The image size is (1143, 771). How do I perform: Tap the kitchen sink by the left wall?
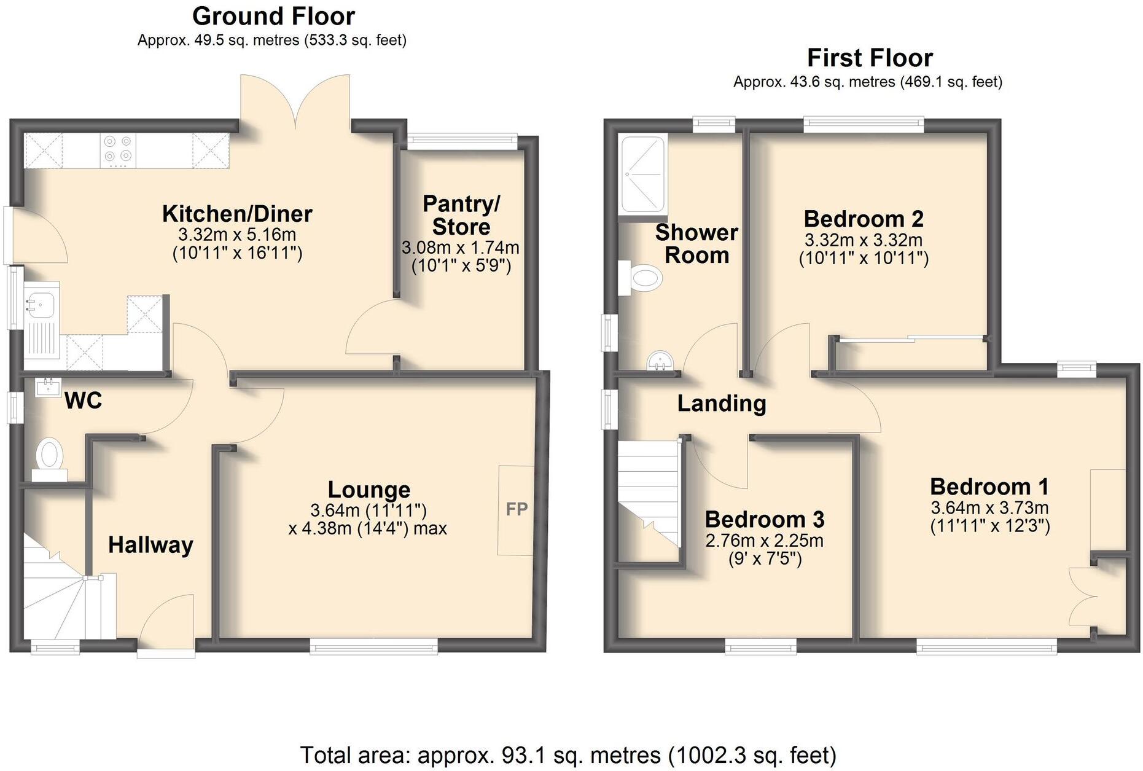41,303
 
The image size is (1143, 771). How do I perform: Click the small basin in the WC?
48,386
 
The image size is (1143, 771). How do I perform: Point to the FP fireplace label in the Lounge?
517,509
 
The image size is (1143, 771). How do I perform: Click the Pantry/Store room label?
461,215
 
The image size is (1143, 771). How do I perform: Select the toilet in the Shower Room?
644,278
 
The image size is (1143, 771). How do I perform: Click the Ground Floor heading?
273,16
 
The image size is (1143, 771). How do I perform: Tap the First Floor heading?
869,58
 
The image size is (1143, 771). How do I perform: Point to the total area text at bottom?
568,755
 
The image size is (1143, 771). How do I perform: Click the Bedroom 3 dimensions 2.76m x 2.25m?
764,541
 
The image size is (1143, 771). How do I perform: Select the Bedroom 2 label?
864,219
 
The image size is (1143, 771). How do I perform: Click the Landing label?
722,404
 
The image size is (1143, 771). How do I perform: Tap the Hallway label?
150,545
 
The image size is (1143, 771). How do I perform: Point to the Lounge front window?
373,646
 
